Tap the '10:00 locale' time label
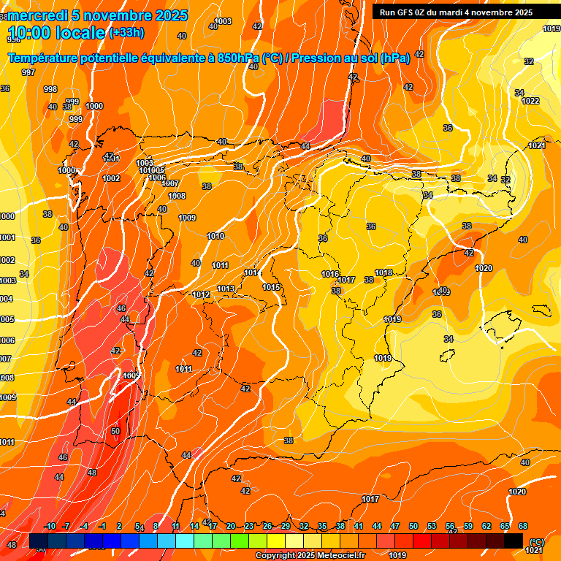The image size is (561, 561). [x=57, y=32]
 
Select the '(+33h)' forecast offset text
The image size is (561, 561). [x=126, y=32]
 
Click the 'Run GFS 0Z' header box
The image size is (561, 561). [x=456, y=12]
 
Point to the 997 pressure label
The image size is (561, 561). [x=28, y=72]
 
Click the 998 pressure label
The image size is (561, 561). [x=50, y=89]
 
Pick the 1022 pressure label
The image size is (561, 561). [x=530, y=101]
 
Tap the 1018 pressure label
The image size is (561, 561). [x=383, y=272]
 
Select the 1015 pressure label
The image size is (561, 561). [x=272, y=287]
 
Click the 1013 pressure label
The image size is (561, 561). [x=226, y=289]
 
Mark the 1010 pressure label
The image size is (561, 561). [x=215, y=236]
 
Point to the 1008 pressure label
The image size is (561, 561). [x=177, y=196]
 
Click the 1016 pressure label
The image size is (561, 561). [x=330, y=274]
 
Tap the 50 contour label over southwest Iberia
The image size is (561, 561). [x=115, y=431]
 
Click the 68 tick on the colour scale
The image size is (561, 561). [x=523, y=526]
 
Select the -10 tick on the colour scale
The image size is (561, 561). [x=50, y=526]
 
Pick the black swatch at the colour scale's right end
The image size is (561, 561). [x=514, y=541]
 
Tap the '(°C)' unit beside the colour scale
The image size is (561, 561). [x=536, y=541]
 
